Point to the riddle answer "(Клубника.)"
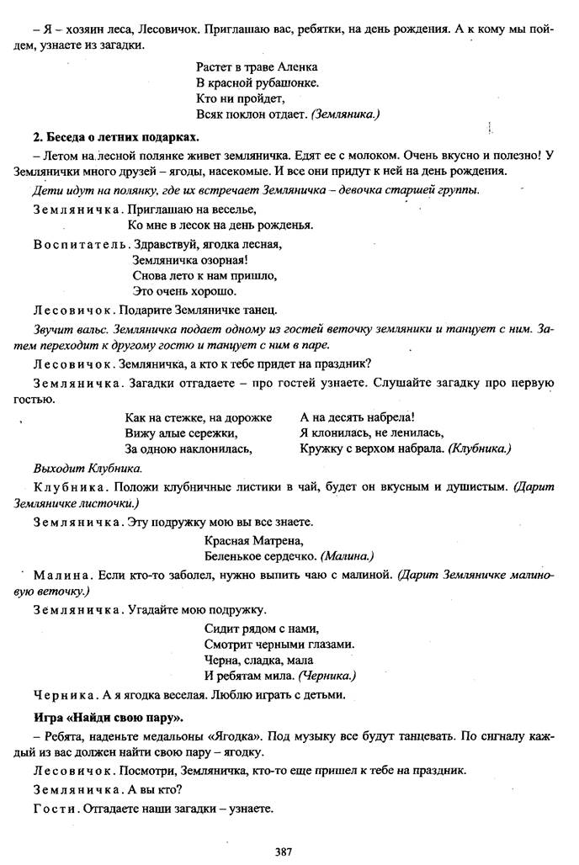tap(480, 448)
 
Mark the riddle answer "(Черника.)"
tap(327, 676)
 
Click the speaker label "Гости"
tap(54, 809)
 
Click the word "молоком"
tap(375, 155)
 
